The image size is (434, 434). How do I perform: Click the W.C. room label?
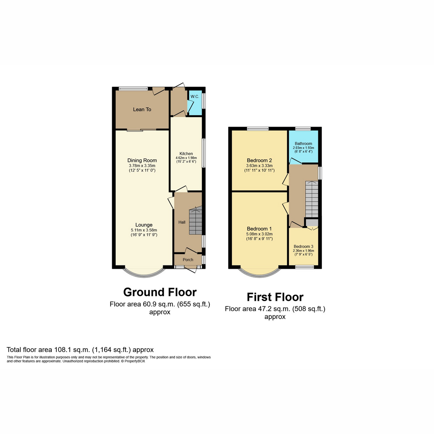[195, 97]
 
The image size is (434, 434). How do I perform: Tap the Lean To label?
[142, 110]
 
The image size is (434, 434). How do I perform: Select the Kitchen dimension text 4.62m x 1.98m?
[186, 158]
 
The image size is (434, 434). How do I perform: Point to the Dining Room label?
[142, 161]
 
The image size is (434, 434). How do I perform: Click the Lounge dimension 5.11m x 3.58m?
[144, 230]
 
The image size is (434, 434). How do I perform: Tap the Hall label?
[182, 222]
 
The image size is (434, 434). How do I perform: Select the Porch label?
[188, 260]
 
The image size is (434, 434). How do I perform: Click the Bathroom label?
[303, 144]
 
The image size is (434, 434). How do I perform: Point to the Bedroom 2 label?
[259, 161]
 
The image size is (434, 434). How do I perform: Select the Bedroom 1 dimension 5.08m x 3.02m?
[259, 234]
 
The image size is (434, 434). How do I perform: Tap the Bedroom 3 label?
[303, 247]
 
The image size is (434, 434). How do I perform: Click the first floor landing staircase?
[311, 199]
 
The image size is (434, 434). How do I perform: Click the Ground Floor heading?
[160, 292]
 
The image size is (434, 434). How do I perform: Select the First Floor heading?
[275, 297]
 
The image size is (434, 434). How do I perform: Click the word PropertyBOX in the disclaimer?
[135, 361]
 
